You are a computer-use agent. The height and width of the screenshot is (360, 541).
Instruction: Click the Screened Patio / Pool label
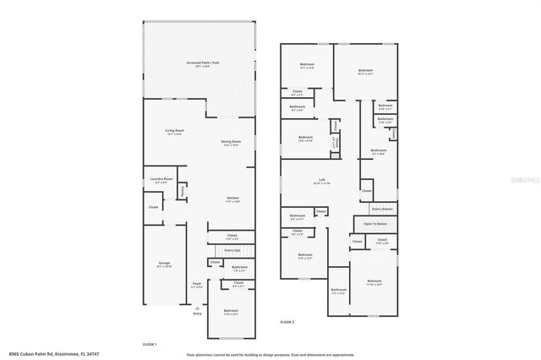click(x=202, y=63)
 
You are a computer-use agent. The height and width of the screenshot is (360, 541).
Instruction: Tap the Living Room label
click(x=174, y=131)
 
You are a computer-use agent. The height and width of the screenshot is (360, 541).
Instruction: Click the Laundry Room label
click(x=161, y=179)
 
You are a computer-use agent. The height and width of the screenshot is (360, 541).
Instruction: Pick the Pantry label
click(x=182, y=193)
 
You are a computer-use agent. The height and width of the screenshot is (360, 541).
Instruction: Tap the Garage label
click(x=164, y=264)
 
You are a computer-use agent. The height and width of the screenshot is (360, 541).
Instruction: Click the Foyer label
click(x=196, y=284)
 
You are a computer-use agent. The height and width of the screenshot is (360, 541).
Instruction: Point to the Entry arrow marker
click(x=198, y=308)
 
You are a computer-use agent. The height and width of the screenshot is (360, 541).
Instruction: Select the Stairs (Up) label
click(x=231, y=251)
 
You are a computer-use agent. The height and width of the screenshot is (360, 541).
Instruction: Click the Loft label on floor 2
click(x=321, y=180)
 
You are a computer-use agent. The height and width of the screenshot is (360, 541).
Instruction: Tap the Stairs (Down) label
click(x=381, y=208)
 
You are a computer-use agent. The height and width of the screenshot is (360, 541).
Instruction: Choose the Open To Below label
click(x=375, y=223)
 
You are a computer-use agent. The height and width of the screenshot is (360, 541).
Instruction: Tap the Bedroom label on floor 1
click(x=231, y=312)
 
